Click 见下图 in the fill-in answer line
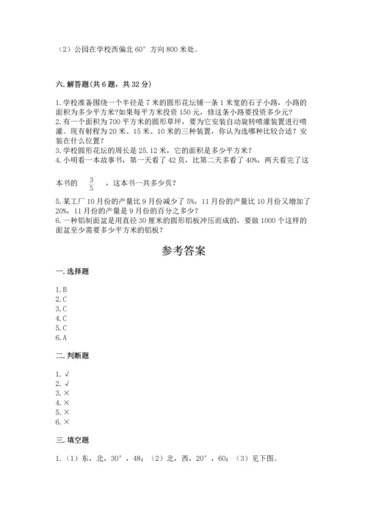[x=263, y=460]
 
